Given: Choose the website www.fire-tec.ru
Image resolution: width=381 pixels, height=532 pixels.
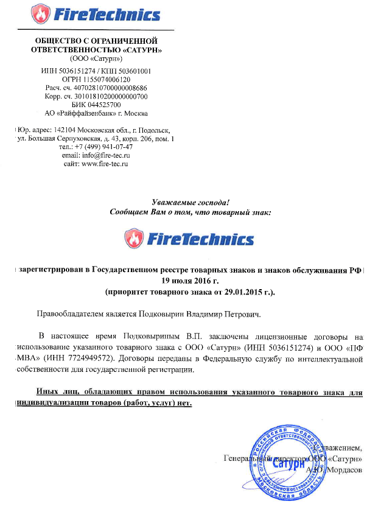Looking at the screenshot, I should click(x=104, y=164).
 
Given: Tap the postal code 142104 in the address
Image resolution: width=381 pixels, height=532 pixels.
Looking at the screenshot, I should click(x=65, y=130).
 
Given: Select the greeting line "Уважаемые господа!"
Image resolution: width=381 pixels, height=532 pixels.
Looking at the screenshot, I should click(x=190, y=203).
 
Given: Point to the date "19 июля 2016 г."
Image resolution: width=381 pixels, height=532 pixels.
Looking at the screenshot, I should click(x=190, y=281).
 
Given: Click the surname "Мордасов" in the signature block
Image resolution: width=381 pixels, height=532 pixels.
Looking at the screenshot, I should click(x=345, y=470).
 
